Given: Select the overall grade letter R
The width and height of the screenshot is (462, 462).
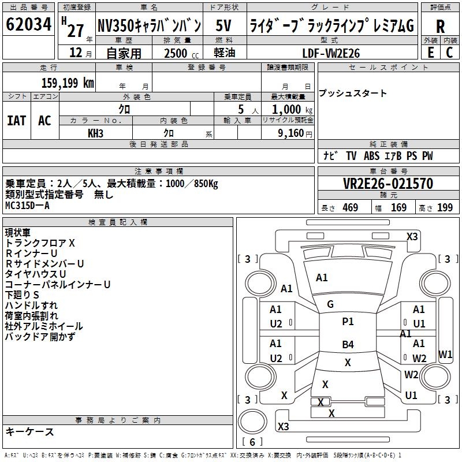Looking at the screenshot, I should (x=440, y=27).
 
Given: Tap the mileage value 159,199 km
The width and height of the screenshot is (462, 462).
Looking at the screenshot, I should (x=68, y=83).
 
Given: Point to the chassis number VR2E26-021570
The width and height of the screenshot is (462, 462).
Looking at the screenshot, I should (x=388, y=184).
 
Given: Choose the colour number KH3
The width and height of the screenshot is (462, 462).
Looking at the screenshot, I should (x=95, y=132).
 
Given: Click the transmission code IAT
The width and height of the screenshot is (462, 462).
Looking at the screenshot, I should (x=17, y=121).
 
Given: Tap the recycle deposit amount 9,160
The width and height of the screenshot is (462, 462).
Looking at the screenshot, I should (x=286, y=133).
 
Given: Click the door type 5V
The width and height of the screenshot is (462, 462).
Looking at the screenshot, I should (x=225, y=26).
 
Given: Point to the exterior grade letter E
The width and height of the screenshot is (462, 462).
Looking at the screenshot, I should (x=430, y=53).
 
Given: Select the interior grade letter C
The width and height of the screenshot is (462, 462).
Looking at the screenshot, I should (x=449, y=53).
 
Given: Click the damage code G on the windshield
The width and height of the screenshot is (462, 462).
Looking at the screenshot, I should (x=330, y=304).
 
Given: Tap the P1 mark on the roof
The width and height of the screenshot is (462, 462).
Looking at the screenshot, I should (x=348, y=322).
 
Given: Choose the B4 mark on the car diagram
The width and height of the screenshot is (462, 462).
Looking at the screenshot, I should (x=348, y=345).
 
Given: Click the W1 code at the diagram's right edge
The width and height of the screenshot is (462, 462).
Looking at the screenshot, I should (x=445, y=354).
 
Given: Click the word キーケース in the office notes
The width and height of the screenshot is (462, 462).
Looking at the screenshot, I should (x=29, y=431).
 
